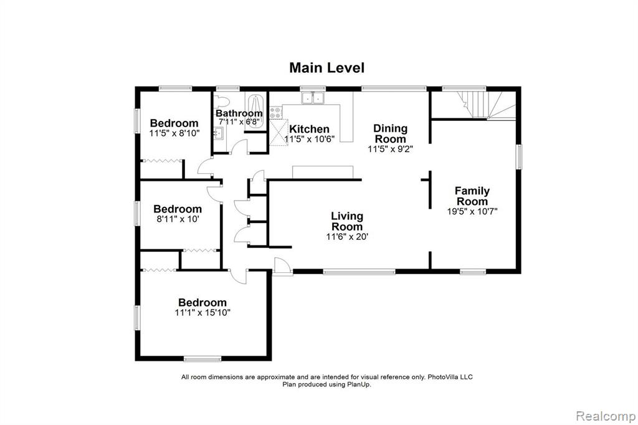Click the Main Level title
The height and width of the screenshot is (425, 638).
[x=326, y=67]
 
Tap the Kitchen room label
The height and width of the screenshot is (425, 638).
[x=309, y=129]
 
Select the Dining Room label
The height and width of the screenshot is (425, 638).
[x=390, y=133]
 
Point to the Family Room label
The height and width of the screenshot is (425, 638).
[x=472, y=196]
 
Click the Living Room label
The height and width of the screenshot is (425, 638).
[x=347, y=221]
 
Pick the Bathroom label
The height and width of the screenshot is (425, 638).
[x=239, y=113]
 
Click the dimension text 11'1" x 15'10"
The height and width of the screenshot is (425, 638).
[x=202, y=313]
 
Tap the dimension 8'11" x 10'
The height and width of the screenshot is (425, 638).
[x=178, y=219]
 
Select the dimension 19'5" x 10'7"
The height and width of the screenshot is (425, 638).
[x=472, y=211]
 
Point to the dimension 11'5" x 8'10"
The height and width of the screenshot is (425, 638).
[x=174, y=133]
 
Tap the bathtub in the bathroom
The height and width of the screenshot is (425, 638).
[x=256, y=111]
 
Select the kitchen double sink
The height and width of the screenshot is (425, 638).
[x=313, y=98]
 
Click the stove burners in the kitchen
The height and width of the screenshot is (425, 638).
[x=275, y=113]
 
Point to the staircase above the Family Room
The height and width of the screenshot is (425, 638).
[x=487, y=105]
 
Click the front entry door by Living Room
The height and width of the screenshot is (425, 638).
[x=282, y=267]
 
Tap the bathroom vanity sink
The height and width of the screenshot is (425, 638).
[x=219, y=133]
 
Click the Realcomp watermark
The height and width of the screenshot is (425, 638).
[x=606, y=416]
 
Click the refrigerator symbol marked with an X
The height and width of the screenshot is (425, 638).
[x=279, y=132]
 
